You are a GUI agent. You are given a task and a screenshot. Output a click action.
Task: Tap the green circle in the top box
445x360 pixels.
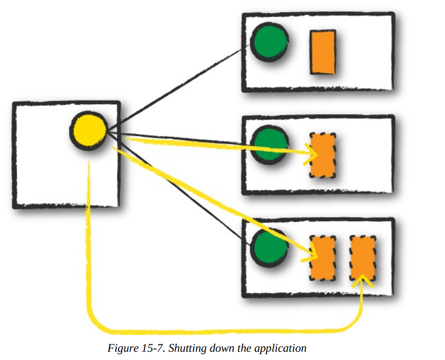click(x=268, y=43)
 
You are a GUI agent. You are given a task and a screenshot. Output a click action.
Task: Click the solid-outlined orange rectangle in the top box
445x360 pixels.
click(x=323, y=52)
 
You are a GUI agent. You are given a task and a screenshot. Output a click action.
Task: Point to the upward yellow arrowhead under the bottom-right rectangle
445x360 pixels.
click(x=362, y=279)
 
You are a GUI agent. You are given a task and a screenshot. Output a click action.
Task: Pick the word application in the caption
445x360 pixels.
click(x=281, y=349)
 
